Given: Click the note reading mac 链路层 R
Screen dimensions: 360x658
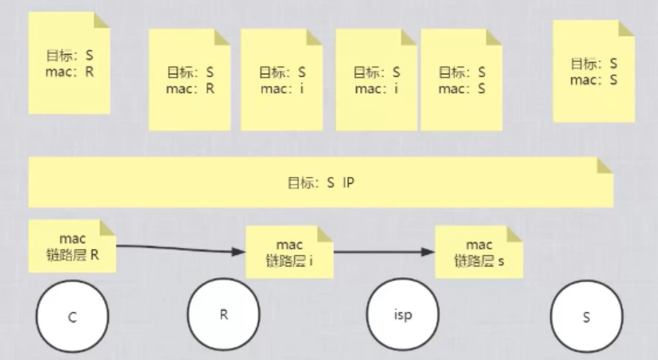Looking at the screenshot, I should [72, 247].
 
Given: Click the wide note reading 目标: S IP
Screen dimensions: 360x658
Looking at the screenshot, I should [321, 182].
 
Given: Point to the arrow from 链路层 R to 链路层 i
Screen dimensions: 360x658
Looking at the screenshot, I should [180, 249].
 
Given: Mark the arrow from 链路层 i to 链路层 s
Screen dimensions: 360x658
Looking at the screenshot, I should [383, 252].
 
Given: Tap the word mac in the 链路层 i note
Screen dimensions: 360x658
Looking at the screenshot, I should [289, 245].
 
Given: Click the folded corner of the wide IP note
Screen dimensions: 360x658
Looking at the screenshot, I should [605, 165].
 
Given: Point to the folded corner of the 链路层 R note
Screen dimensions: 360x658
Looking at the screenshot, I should [109, 229].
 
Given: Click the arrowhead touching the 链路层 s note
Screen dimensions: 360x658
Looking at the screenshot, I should [428, 252].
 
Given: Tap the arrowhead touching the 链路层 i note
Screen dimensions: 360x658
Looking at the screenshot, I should [239, 251].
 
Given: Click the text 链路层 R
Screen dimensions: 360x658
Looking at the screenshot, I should [72, 254].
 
